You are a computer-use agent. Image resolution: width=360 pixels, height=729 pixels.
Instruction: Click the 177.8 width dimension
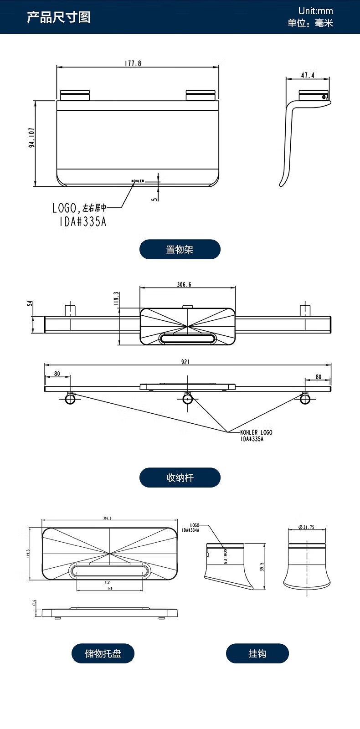click(x=133, y=64)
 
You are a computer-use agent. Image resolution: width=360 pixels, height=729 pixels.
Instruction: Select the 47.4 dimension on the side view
click(x=308, y=75)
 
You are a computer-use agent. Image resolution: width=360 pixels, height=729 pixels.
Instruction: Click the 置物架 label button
click(x=180, y=249)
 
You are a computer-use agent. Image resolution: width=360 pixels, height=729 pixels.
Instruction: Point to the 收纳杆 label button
click(x=180, y=477)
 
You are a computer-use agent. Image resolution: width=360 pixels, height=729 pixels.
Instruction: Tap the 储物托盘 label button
click(x=103, y=653)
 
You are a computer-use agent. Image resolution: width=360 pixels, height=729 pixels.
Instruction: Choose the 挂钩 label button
click(x=257, y=653)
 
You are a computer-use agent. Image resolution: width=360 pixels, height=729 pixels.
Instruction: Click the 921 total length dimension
click(x=185, y=362)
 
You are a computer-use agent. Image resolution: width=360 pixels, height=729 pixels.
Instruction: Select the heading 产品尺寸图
click(x=58, y=17)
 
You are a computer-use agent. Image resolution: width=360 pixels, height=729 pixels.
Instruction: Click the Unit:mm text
click(x=315, y=11)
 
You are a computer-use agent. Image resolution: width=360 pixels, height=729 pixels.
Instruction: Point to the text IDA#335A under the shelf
click(x=83, y=222)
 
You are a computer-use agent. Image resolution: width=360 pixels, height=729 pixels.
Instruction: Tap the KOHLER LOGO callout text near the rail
click(x=256, y=432)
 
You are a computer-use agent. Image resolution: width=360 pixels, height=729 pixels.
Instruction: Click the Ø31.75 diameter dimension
click(x=306, y=527)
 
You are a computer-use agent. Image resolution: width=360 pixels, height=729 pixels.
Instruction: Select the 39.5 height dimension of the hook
click(x=262, y=567)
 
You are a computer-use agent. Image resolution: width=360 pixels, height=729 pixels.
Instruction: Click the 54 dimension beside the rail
click(x=30, y=303)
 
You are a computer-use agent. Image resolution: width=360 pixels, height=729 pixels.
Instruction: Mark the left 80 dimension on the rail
click(x=57, y=374)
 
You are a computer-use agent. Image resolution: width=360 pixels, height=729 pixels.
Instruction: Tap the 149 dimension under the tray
click(x=109, y=588)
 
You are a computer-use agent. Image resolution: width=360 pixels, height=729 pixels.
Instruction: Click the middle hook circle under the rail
click(x=188, y=399)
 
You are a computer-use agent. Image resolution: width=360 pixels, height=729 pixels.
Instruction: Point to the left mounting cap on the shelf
click(x=75, y=95)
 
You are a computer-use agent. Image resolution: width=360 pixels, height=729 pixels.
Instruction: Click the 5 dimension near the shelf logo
click(x=155, y=198)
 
